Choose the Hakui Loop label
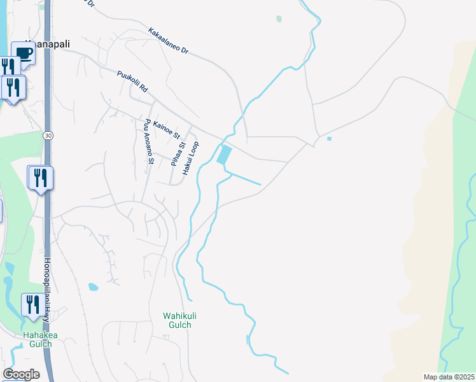[x=191, y=159]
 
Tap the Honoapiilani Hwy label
[x=48, y=286]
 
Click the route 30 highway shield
[x=48, y=136]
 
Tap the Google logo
[x=21, y=374]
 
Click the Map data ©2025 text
[x=449, y=377]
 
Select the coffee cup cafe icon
[x=23, y=55]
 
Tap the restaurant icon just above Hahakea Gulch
[x=32, y=304]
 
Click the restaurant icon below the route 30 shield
[x=41, y=178]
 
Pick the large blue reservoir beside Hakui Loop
[x=224, y=155]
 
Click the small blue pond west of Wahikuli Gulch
[x=94, y=287]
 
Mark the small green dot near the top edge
[x=279, y=19]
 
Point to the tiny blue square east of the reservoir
[x=329, y=138]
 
